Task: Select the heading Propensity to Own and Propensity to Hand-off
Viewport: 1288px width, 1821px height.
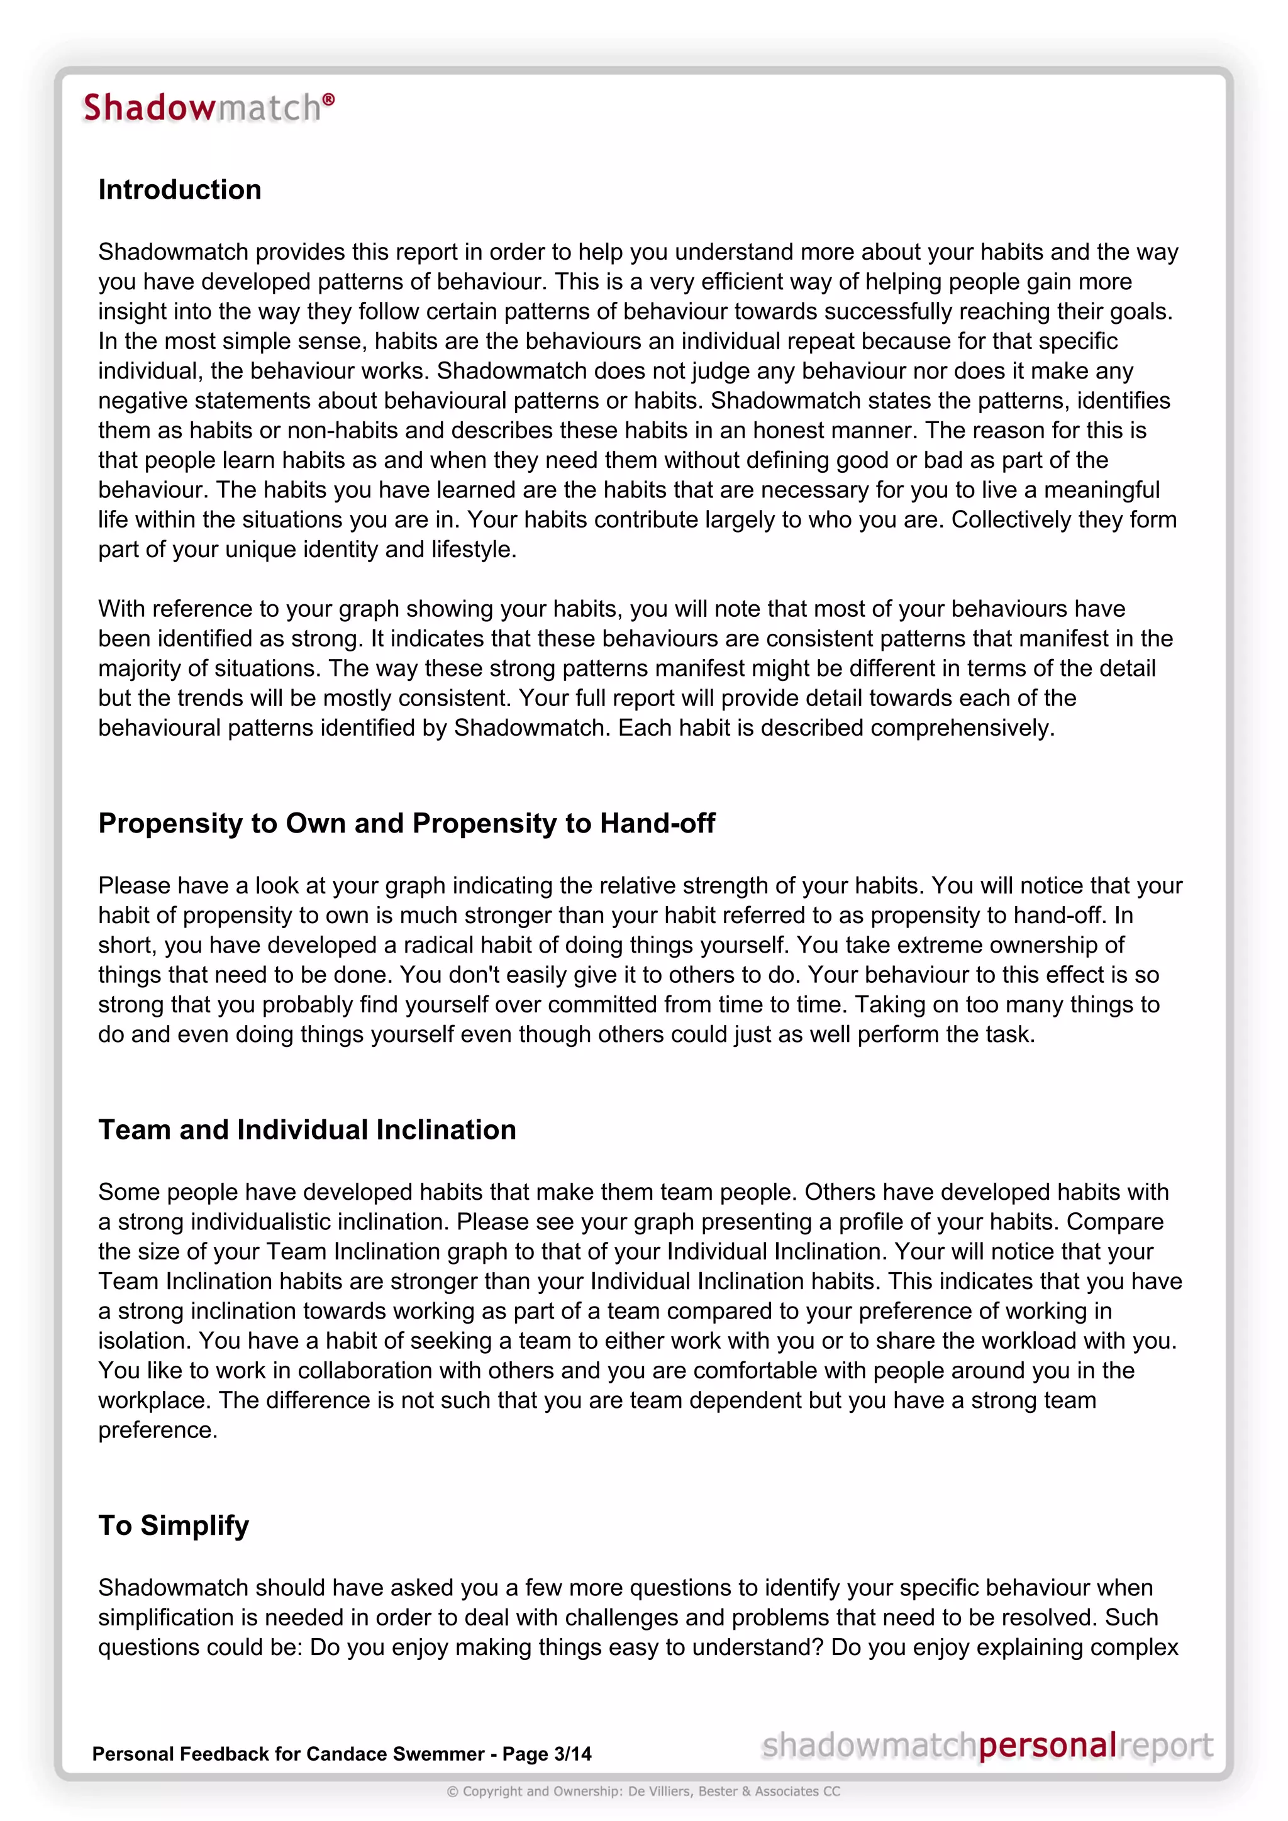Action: click(x=406, y=823)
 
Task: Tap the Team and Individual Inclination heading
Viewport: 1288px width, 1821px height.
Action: click(x=307, y=1129)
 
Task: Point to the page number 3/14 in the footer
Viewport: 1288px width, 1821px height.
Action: click(x=573, y=1754)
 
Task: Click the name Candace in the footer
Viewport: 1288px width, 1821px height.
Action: click(x=342, y=1754)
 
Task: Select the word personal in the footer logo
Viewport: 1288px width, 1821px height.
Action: click(x=1047, y=1746)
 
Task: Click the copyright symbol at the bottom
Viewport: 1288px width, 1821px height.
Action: click(x=452, y=1791)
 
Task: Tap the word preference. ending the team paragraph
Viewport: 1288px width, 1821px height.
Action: click(x=157, y=1430)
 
